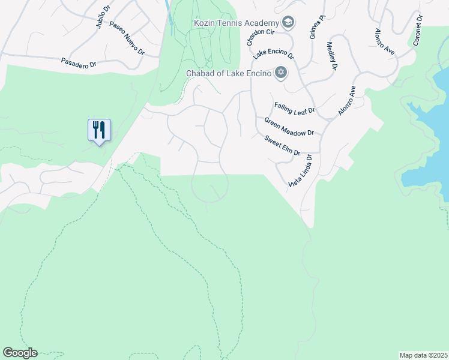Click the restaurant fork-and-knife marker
click(x=99, y=130)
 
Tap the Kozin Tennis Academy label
click(x=236, y=23)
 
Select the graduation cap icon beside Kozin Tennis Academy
click(x=288, y=23)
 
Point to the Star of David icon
click(x=280, y=73)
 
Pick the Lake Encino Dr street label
click(x=273, y=55)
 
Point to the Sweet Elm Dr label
click(x=283, y=145)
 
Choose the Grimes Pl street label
click(x=317, y=28)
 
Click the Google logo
click(x=20, y=353)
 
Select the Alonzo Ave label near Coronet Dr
click(x=384, y=42)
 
